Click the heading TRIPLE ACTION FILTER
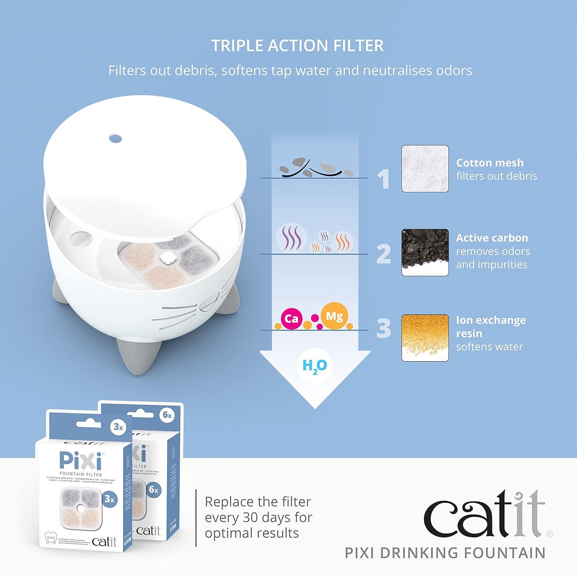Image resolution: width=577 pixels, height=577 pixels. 297,46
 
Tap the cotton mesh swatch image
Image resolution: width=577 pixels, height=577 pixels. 425,168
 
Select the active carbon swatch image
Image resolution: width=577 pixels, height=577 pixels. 425,252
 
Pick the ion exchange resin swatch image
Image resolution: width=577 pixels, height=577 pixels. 425,338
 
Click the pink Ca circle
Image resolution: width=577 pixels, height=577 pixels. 291,319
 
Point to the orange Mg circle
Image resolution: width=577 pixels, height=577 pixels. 334,316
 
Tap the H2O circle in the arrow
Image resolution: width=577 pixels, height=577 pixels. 315,365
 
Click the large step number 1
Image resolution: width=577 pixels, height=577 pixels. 384,179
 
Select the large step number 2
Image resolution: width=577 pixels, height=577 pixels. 384,254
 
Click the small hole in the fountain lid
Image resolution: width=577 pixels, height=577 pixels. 115,138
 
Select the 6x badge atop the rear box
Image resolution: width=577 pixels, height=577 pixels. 167,415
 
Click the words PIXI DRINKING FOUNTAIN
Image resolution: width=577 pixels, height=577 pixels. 445,553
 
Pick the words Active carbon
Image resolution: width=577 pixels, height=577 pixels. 492,238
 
